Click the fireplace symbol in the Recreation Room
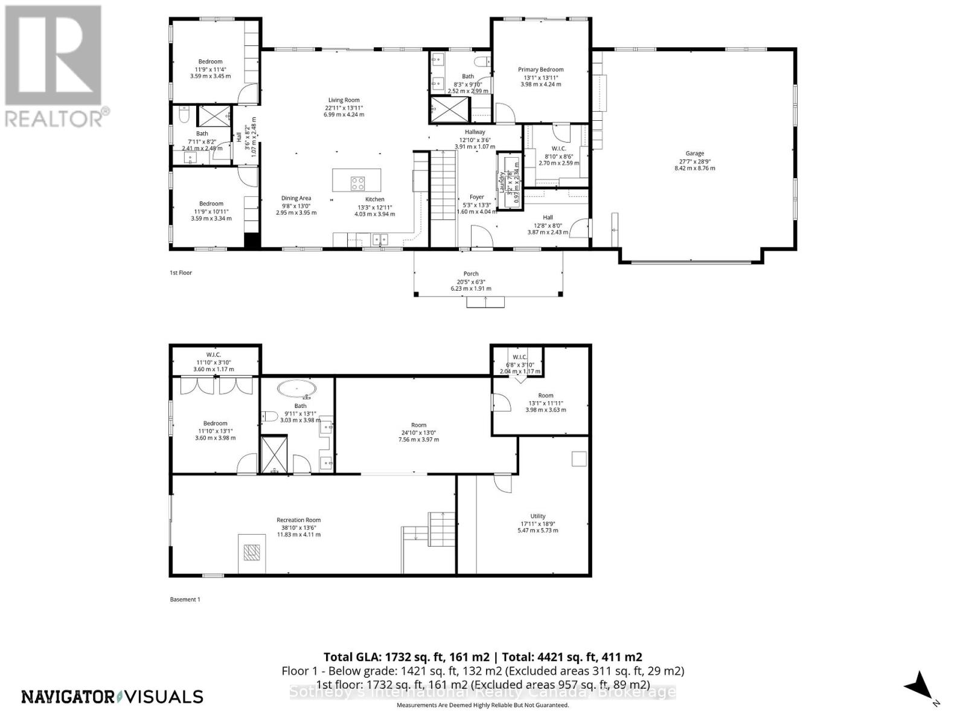251,552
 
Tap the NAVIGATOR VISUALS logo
112,697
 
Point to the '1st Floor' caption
181,273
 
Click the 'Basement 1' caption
184,599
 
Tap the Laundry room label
502,181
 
